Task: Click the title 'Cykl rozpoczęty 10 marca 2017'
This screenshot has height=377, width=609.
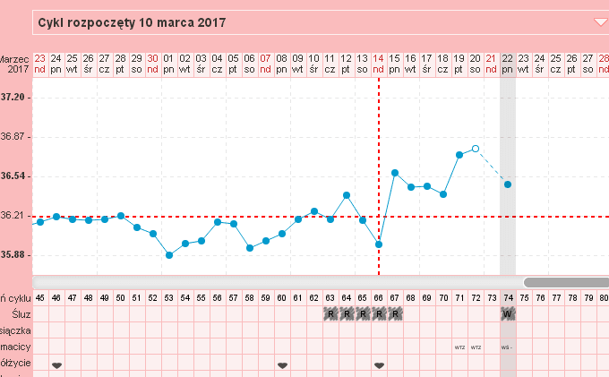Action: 131,21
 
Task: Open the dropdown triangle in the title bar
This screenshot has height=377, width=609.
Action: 600,21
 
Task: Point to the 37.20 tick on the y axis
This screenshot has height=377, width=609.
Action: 16,97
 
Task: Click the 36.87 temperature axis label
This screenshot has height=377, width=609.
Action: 16,136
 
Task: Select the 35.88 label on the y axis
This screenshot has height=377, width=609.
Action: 16,255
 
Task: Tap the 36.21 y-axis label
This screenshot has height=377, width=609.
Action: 16,216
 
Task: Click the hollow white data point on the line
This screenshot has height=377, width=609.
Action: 476,149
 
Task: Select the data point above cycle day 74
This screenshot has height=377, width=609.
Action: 508,184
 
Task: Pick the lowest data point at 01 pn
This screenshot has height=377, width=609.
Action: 169,255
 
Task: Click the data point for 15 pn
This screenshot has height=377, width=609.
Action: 395,173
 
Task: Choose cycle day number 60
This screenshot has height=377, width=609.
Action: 282,297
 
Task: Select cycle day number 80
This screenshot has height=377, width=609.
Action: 604,297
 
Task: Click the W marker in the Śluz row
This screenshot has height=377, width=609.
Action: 508,314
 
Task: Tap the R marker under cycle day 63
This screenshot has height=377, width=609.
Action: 330,314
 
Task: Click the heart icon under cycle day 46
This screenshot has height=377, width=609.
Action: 56,365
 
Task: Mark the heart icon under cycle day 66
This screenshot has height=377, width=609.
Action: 379,365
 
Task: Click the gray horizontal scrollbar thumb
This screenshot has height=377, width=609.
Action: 566,282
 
